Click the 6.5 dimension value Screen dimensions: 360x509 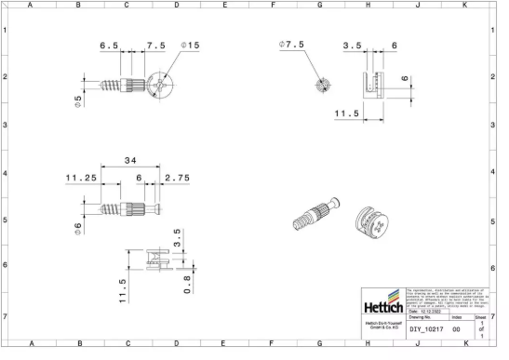[109, 46]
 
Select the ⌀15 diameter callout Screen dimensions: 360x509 [191, 46]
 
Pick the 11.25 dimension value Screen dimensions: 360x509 [82, 179]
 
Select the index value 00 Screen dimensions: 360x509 [456, 329]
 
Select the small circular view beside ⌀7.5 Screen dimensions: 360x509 [322, 85]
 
